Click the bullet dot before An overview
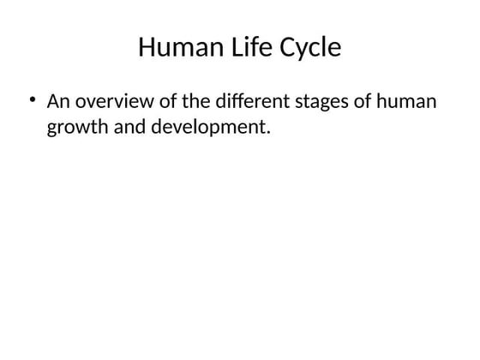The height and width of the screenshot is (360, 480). click(32, 101)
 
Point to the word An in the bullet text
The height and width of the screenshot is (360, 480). click(57, 102)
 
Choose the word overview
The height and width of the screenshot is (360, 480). click(109, 102)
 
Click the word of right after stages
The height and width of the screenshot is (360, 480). click(363, 102)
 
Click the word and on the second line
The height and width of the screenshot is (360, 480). click(128, 129)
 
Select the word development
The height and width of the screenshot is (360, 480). click(207, 129)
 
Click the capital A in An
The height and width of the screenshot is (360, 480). click(53, 102)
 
